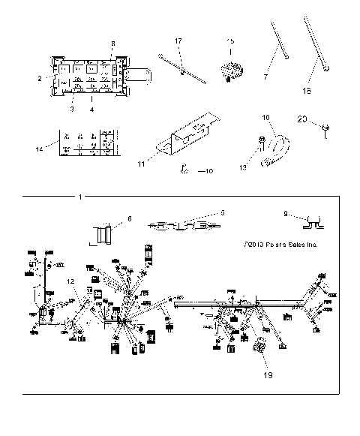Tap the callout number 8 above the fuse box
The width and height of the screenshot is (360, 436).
tap(113, 44)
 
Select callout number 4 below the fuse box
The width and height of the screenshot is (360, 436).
tap(92, 110)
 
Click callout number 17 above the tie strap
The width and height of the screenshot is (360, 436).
tap(178, 41)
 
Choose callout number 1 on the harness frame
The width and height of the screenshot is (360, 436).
tap(81, 197)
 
